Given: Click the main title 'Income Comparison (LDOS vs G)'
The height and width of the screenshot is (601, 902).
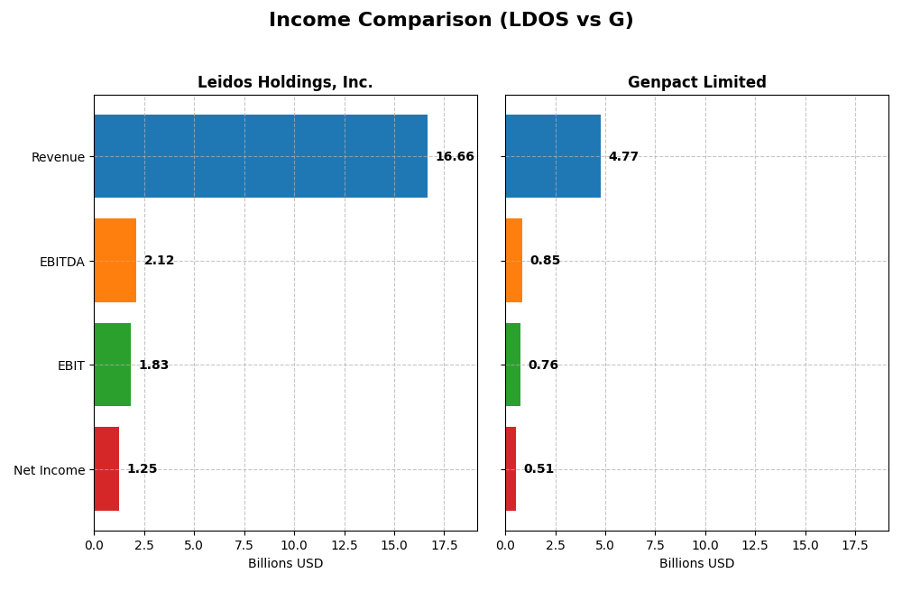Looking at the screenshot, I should tap(451, 20).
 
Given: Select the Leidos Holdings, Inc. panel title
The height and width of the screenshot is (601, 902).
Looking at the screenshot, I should tap(285, 82).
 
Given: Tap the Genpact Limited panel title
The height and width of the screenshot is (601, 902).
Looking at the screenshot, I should tap(696, 82).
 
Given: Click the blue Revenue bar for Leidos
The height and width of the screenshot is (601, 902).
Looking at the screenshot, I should tap(261, 156).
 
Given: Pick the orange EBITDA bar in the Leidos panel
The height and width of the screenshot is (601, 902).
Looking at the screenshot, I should tap(115, 261).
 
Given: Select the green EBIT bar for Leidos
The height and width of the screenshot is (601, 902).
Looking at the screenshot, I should tap(112, 365).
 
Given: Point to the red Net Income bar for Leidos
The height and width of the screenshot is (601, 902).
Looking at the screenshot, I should tap(106, 469).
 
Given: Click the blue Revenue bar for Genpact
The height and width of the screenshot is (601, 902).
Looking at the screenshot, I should tap(553, 156).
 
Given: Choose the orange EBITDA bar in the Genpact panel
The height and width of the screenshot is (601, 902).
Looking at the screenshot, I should tap(513, 261).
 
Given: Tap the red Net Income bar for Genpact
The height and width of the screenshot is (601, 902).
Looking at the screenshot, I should tap(511, 469).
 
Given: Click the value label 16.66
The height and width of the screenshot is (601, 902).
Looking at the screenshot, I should tap(455, 157).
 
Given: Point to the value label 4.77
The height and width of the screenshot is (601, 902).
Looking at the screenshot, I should tap(623, 157).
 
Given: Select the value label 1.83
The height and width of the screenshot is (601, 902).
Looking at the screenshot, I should tap(153, 365).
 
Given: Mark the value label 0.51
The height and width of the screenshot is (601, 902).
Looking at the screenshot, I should tap(538, 469).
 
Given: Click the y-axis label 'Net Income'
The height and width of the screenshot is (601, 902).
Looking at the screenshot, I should tap(49, 470).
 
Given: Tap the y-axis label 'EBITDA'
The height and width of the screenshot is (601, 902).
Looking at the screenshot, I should tap(61, 262).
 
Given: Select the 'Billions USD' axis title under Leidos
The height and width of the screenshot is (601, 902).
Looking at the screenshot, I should tap(285, 564).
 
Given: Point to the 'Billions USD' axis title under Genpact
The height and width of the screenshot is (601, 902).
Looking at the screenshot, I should tap(696, 564).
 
